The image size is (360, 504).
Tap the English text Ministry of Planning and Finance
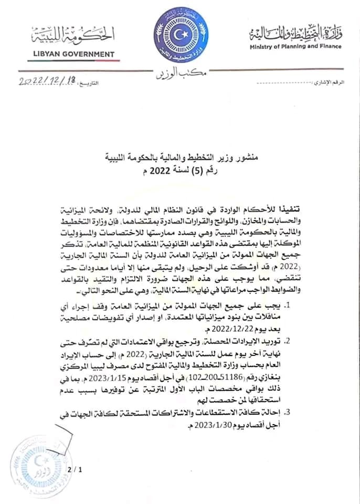295,46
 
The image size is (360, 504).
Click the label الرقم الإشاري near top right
330,84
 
